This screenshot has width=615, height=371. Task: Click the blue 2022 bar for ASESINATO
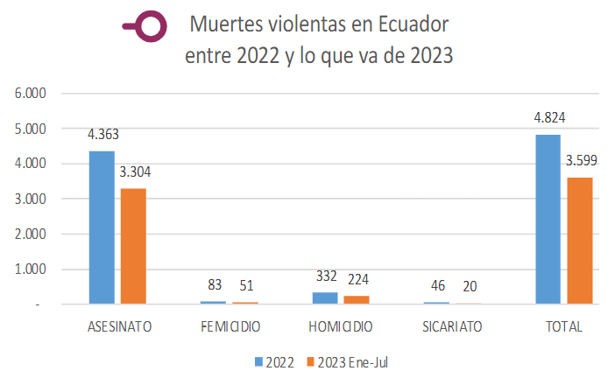(x=102, y=227)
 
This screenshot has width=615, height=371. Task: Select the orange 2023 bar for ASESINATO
(x=133, y=246)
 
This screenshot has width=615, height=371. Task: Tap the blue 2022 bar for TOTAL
(x=548, y=219)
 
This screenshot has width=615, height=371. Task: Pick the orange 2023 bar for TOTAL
(x=578, y=241)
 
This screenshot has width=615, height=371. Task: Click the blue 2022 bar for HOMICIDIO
(x=324, y=298)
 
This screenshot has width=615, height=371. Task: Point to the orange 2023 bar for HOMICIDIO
(x=356, y=300)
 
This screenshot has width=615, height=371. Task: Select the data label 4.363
(x=103, y=135)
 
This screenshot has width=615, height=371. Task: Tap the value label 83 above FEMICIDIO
(x=215, y=284)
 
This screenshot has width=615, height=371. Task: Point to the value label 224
(x=357, y=279)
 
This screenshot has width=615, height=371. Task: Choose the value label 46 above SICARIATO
(x=436, y=285)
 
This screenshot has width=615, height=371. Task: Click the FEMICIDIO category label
(x=230, y=327)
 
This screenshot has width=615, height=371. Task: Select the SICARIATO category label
(x=452, y=327)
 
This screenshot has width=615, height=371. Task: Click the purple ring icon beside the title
(x=150, y=28)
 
